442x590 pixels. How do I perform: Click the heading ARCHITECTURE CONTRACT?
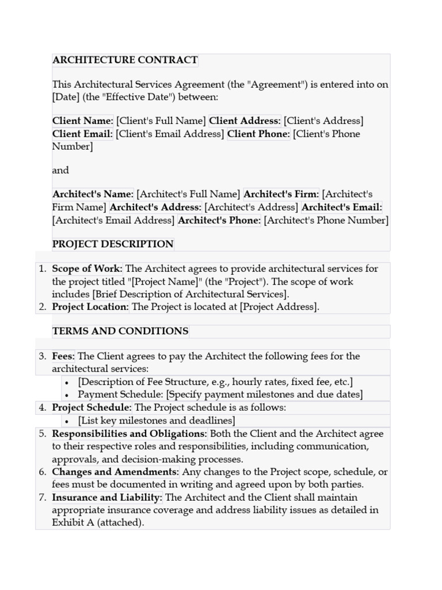tap(125, 60)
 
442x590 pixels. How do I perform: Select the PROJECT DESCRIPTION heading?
tap(113, 244)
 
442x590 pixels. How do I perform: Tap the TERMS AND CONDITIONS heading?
tap(120, 331)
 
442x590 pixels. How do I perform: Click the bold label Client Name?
tap(83, 121)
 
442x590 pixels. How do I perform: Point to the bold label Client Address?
tap(245, 121)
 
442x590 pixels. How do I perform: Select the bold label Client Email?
tap(82, 134)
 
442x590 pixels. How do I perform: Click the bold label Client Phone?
tap(258, 134)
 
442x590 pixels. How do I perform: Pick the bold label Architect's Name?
tap(93, 194)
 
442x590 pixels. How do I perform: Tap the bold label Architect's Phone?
tap(219, 220)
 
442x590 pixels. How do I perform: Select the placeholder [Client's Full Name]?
tap(161, 121)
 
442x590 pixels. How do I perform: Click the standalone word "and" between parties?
tap(60, 170)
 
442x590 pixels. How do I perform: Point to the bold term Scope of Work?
tap(87, 268)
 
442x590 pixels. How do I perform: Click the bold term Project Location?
tap(90, 307)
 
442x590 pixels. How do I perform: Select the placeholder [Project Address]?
tap(279, 307)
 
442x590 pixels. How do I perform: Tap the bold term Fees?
tap(64, 356)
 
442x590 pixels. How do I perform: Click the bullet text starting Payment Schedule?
tap(220, 395)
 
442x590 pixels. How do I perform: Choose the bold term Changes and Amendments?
tap(115, 472)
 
